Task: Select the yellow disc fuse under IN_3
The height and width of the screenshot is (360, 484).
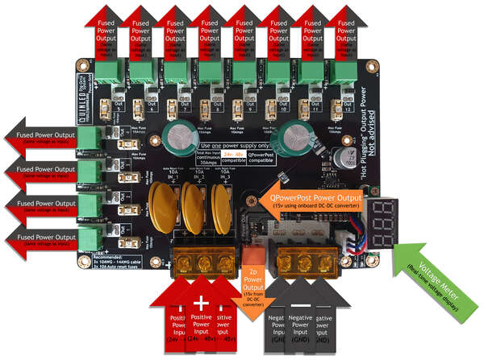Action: click(x=220, y=208)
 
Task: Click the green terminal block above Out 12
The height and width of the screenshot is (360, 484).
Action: click(x=347, y=75)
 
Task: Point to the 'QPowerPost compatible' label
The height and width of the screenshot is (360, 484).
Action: click(x=262, y=156)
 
